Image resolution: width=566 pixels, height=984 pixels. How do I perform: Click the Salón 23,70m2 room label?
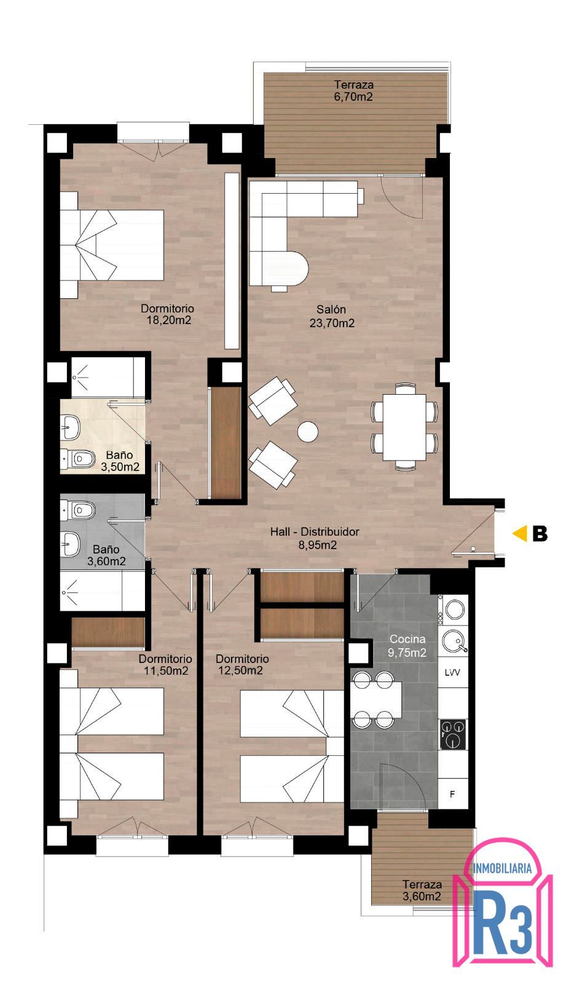click(332, 316)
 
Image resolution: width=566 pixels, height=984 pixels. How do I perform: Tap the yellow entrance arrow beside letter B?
click(521, 533)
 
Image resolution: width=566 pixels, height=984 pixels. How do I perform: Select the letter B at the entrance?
click(540, 533)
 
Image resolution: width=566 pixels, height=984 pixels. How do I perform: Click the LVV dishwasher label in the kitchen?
click(452, 672)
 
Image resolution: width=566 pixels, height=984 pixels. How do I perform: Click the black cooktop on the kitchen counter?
click(453, 734)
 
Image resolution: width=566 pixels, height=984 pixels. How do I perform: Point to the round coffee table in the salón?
click(307, 432)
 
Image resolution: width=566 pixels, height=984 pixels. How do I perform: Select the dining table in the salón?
click(404, 427)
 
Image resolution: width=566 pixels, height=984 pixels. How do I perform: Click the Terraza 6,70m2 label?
click(353, 90)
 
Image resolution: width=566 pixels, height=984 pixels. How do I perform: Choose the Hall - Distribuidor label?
click(315, 538)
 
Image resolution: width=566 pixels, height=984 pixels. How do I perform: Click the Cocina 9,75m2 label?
click(407, 646)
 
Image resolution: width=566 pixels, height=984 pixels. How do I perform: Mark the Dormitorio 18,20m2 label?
click(167, 314)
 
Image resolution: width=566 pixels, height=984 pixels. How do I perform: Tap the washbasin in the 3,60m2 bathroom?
click(70, 544)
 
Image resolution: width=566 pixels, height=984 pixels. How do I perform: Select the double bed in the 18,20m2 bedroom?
click(112, 245)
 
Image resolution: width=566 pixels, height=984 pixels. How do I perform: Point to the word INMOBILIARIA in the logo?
click(502, 868)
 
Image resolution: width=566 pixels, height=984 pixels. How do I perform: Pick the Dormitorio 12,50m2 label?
click(242, 665)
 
